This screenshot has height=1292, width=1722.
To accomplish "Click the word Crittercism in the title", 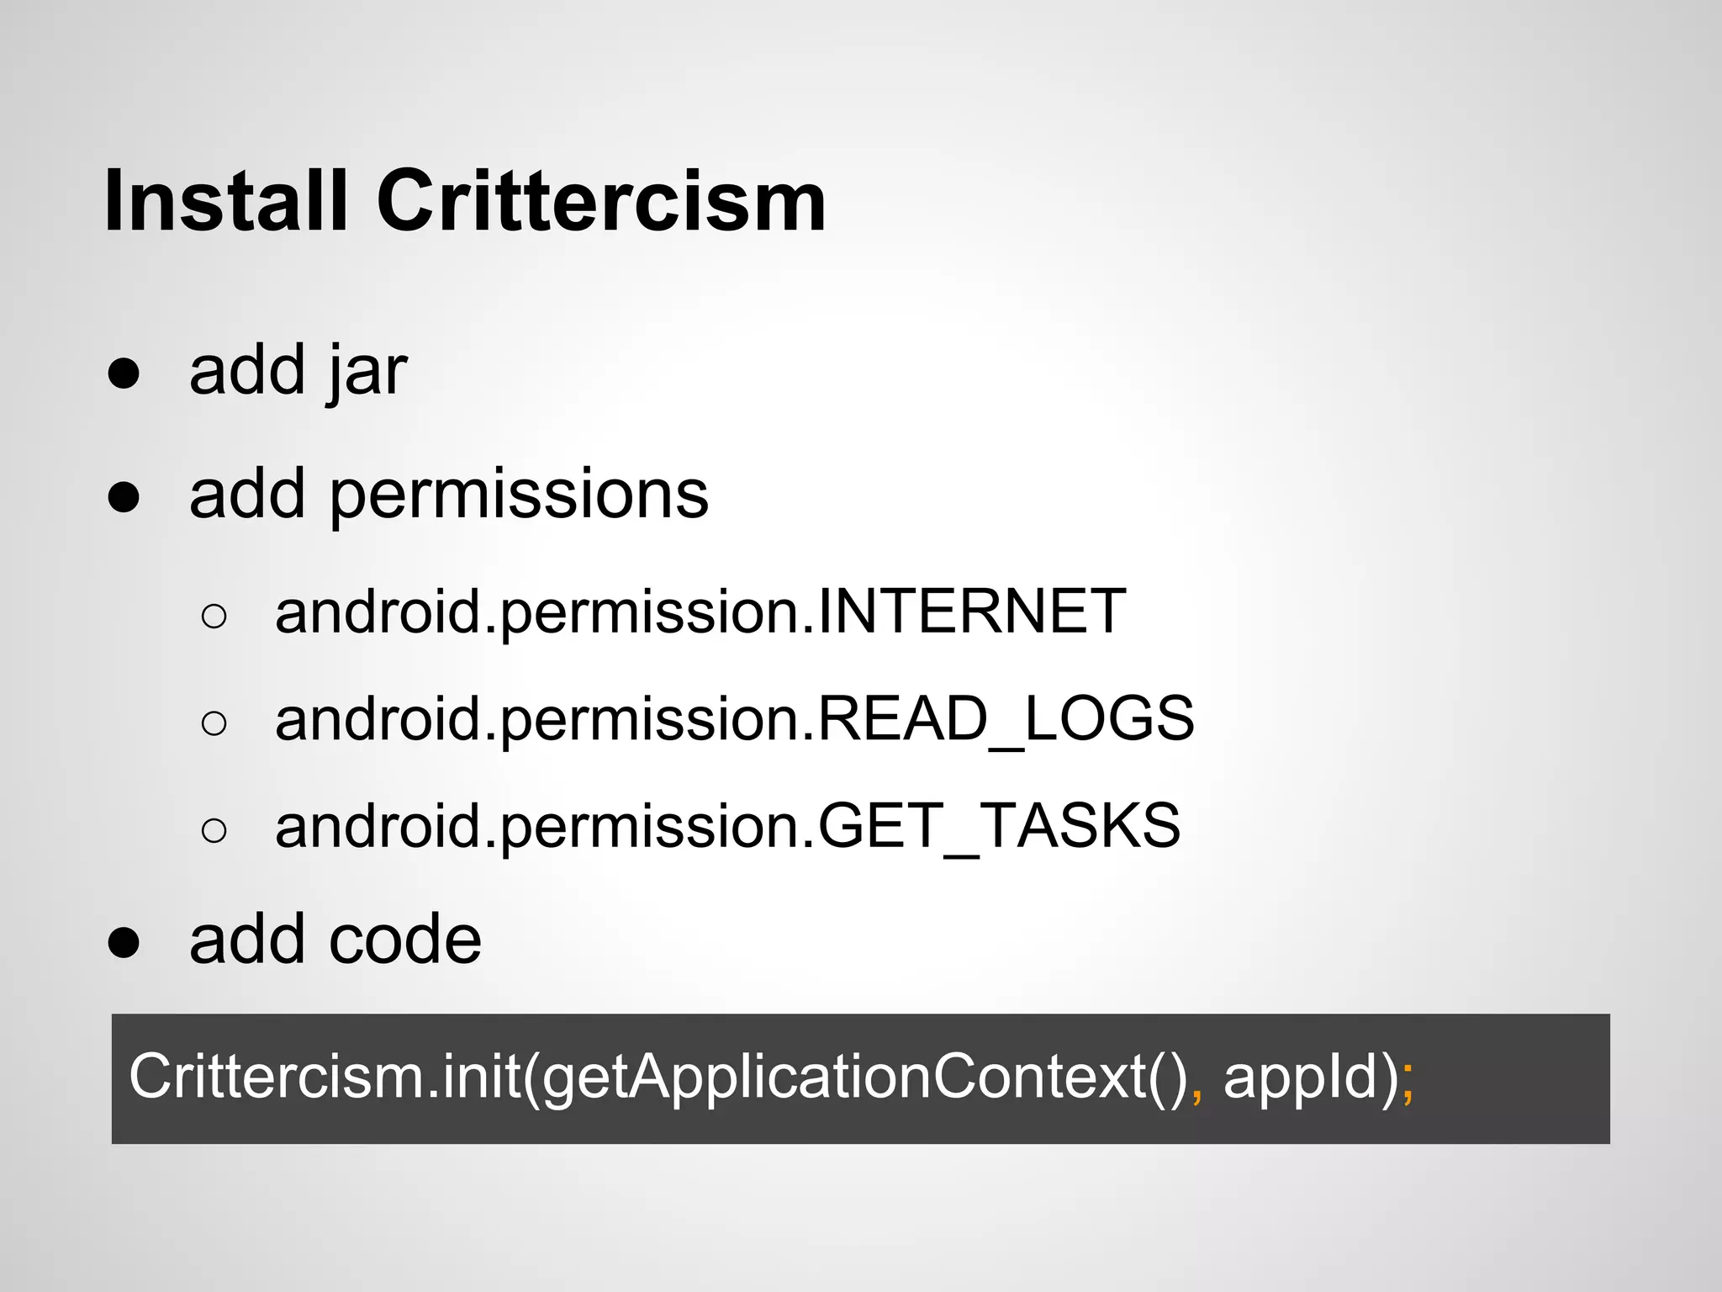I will (x=601, y=201).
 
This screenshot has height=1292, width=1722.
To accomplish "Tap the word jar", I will (x=367, y=371).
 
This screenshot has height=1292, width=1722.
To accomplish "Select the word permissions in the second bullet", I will (x=519, y=495).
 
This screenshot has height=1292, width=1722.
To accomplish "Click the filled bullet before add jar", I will (x=124, y=373).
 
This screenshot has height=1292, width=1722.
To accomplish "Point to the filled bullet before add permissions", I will (x=124, y=497).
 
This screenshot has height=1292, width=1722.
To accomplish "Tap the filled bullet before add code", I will (x=124, y=942).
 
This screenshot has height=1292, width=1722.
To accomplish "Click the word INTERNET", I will (x=971, y=612).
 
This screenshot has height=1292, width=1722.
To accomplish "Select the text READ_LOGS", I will (x=1006, y=719).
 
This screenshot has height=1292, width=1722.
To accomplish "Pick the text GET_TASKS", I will (x=999, y=826).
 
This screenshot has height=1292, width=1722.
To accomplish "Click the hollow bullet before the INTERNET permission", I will (x=214, y=617).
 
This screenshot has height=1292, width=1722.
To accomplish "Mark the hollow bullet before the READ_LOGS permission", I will (x=214, y=723).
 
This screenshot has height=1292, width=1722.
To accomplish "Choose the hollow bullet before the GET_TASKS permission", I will (x=214, y=830).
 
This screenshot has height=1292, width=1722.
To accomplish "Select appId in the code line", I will (x=1299, y=1078).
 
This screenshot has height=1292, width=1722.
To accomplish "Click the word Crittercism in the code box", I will (x=277, y=1076).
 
